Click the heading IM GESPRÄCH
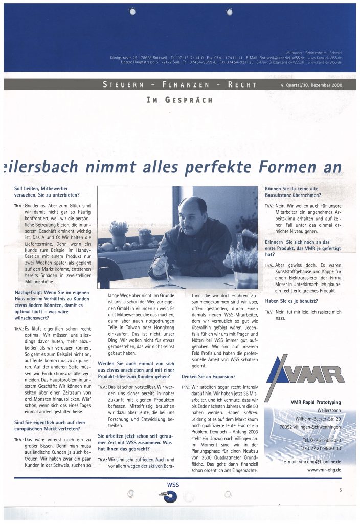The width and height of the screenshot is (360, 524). (179, 100)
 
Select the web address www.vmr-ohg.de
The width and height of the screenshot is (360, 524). (324, 470)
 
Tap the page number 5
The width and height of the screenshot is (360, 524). (340, 490)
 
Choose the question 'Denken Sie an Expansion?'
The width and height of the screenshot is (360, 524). (207, 377)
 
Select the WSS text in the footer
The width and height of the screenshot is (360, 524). (173, 484)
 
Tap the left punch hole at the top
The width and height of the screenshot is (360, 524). (132, 12)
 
